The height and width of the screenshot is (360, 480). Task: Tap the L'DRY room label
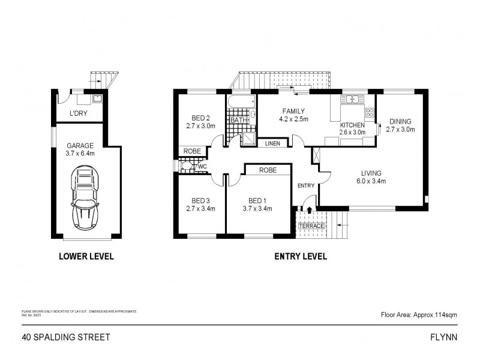point(77,113)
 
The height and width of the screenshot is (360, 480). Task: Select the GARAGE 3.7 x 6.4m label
point(80,149)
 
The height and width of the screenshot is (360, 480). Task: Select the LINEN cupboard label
point(272,143)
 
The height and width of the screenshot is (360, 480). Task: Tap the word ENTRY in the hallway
point(306,185)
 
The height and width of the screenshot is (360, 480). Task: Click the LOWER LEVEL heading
point(86,257)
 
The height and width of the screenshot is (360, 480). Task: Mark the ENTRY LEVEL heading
point(300,257)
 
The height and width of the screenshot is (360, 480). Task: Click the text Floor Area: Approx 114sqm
point(419,314)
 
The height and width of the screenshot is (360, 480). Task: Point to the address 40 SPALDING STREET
point(65,337)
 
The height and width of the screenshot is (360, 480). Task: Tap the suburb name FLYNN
point(445,337)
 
